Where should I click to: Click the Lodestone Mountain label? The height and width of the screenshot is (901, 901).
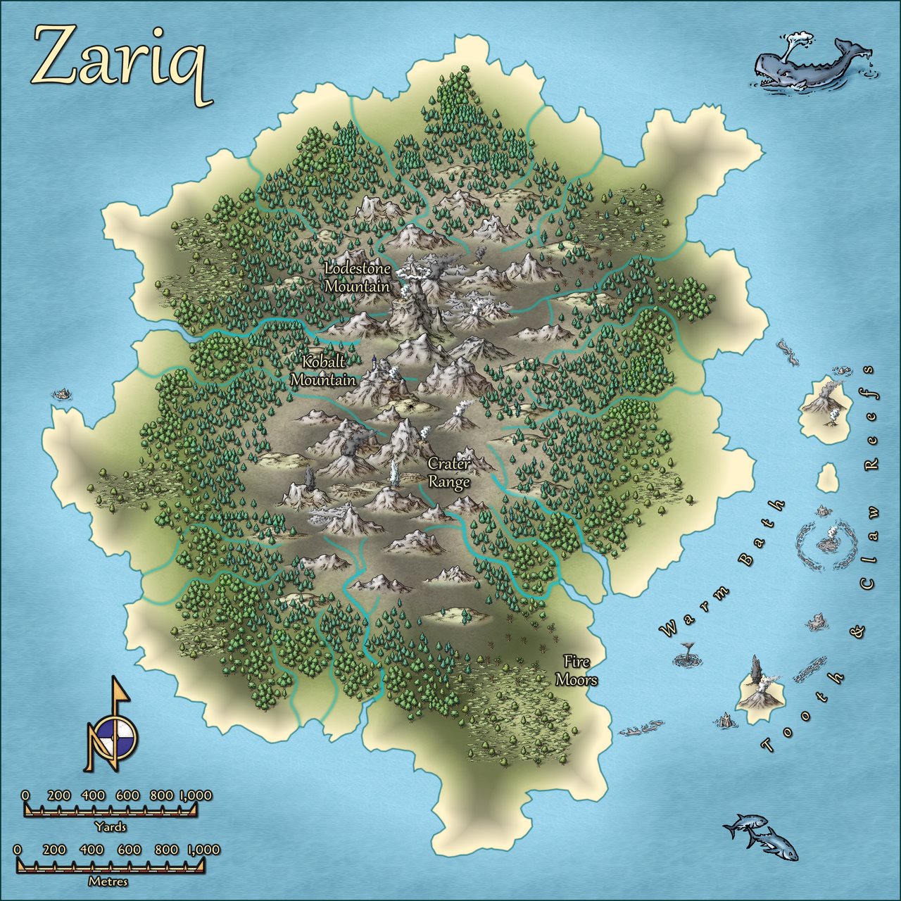[x=358, y=277]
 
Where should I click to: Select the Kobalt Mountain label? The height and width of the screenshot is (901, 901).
[x=323, y=371]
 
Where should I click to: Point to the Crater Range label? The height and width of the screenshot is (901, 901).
[x=449, y=473]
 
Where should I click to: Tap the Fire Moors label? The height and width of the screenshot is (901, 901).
[x=576, y=671]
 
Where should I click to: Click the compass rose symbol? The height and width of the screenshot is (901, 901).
[x=113, y=732]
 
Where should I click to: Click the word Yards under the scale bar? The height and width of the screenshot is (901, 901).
[x=111, y=827]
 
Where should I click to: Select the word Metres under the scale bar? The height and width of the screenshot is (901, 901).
[x=108, y=881]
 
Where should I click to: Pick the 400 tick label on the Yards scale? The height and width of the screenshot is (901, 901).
[x=93, y=795]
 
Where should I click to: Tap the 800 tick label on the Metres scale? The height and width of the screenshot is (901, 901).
[x=166, y=850]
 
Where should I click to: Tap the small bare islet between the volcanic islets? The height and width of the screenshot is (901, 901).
[x=827, y=479]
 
